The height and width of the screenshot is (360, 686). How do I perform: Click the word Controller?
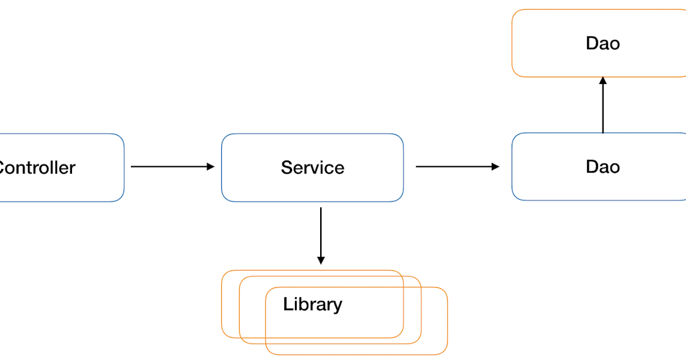pyautogui.click(x=37, y=167)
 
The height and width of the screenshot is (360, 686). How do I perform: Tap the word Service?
pyautogui.click(x=312, y=167)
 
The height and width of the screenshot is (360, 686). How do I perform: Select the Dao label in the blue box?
pyautogui.click(x=603, y=166)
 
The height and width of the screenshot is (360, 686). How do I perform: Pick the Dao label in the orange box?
pyautogui.click(x=603, y=43)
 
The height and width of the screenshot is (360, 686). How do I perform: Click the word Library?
pyautogui.click(x=312, y=304)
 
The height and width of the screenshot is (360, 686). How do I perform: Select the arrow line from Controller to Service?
pyautogui.click(x=169, y=166)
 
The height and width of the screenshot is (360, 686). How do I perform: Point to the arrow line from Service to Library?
pyautogui.click(x=321, y=231)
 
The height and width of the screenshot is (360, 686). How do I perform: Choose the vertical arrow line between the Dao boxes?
pyautogui.click(x=603, y=109)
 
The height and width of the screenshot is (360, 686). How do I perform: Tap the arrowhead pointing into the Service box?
pyautogui.click(x=211, y=166)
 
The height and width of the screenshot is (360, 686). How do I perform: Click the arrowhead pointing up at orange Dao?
pyautogui.click(x=603, y=81)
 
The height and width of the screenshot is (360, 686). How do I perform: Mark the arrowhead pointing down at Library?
pyautogui.click(x=321, y=261)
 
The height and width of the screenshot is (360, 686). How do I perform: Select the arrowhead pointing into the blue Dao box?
pyautogui.click(x=496, y=166)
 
